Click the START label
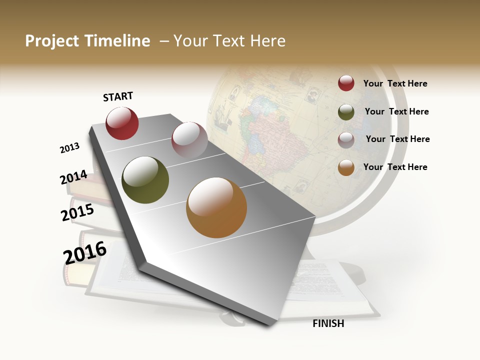(118, 96)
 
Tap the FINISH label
(328, 323)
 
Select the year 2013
(69, 148)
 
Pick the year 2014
(73, 177)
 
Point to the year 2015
(77, 212)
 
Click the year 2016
(85, 253)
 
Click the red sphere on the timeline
(122, 123)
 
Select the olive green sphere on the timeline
(145, 180)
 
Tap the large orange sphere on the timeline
(216, 207)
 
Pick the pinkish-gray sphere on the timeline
(189, 140)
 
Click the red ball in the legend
(346, 83)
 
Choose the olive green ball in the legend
(346, 112)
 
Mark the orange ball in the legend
(346, 167)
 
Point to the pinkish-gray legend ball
(346, 140)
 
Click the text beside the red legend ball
(395, 83)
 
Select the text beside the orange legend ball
(395, 167)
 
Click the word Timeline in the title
(117, 41)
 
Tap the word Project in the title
(52, 41)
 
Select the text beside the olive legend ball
(396, 111)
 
